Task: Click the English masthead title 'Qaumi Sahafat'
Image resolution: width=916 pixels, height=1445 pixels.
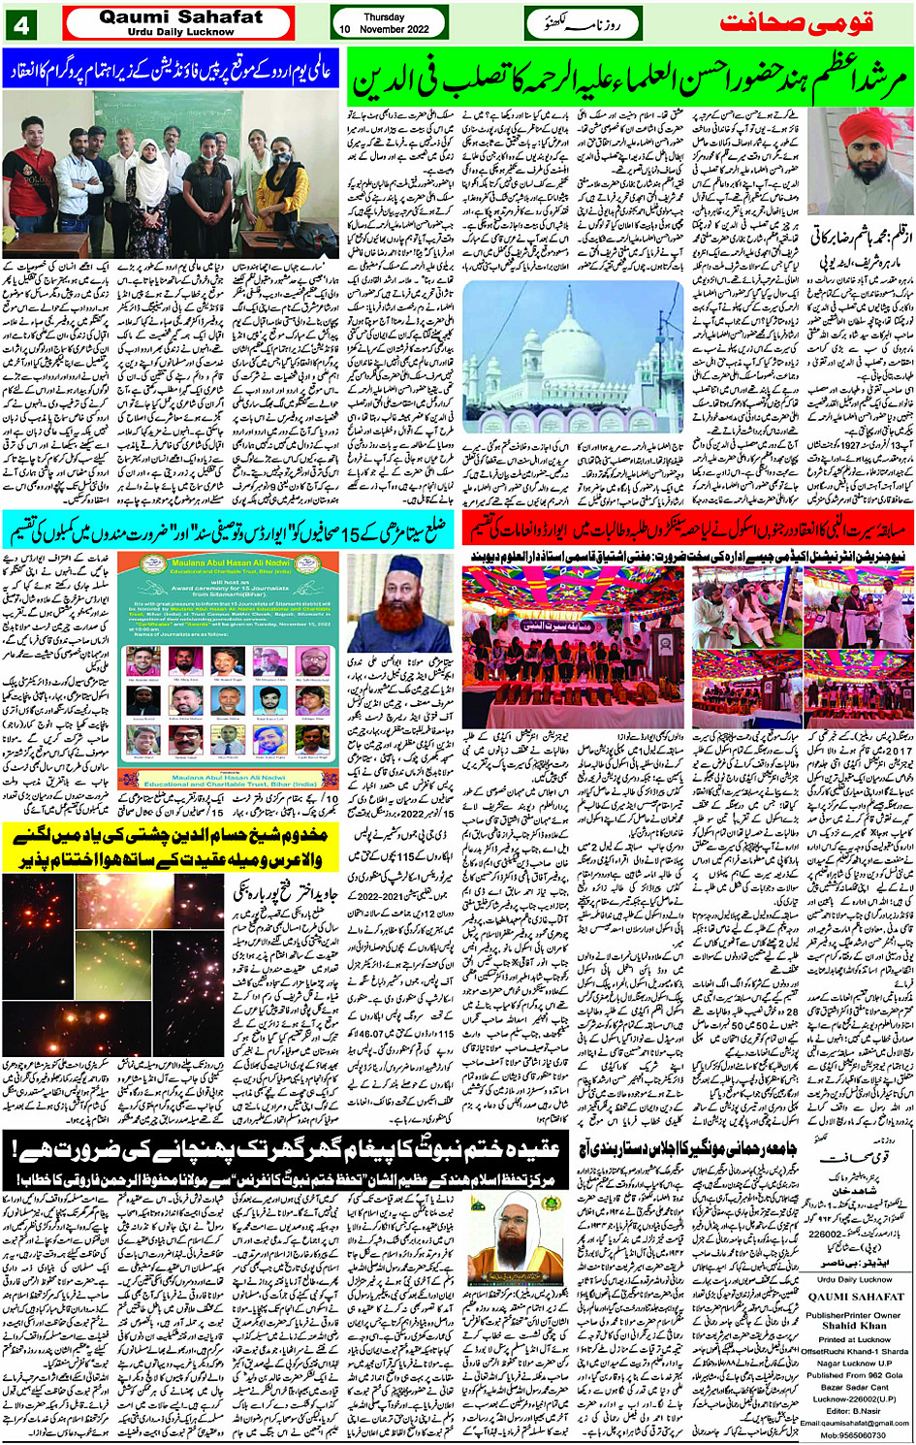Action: (x=181, y=16)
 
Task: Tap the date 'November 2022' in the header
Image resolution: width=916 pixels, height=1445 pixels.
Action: (x=394, y=30)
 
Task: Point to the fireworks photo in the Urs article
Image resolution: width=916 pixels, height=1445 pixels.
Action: (x=114, y=960)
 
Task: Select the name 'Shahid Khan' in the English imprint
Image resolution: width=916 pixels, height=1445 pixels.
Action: (x=853, y=1326)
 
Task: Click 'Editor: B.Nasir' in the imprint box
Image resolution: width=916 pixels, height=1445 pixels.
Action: (x=853, y=1410)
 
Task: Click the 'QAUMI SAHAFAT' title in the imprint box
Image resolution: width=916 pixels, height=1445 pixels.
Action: (x=854, y=1297)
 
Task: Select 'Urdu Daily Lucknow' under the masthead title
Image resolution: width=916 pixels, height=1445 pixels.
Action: (x=180, y=32)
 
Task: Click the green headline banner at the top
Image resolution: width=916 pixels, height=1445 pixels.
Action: (x=629, y=80)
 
